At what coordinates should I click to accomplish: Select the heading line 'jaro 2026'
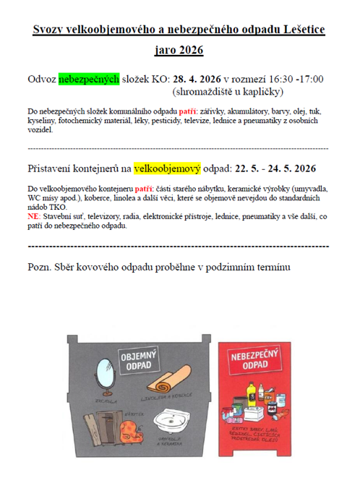click(179, 51)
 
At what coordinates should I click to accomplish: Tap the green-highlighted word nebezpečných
click(89, 79)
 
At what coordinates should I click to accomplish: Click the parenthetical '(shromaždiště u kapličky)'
click(228, 92)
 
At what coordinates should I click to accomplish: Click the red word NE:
click(34, 216)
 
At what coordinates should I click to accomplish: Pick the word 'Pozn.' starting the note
click(40, 267)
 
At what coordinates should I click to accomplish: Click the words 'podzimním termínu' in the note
click(245, 267)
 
